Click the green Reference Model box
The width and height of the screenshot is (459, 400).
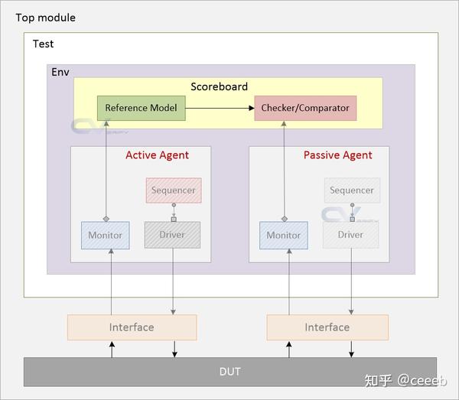pos(141,108)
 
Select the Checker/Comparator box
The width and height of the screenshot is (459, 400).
pos(305,108)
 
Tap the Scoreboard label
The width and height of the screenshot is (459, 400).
pos(219,86)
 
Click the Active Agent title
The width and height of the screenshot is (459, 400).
pos(157,155)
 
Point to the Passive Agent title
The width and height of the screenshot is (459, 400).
pos(337,155)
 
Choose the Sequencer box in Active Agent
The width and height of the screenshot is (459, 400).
pos(173,190)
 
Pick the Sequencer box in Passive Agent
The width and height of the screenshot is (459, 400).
pos(352,190)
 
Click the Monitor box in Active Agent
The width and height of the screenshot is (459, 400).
pos(105,235)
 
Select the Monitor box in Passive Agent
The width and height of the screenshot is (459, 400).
pos(284,235)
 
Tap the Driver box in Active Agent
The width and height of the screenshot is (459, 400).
pos(172,235)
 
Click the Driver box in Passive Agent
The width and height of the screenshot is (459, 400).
pos(351,235)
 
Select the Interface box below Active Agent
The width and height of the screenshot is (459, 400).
pos(132,327)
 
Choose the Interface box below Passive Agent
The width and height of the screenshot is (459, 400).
pos(327,327)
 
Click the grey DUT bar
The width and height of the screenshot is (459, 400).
pos(229,372)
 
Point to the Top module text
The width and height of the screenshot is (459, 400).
pos(45,18)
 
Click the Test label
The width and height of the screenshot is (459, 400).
pos(44,44)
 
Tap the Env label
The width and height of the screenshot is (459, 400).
pos(60,72)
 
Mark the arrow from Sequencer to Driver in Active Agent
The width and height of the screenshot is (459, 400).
pos(173,212)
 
